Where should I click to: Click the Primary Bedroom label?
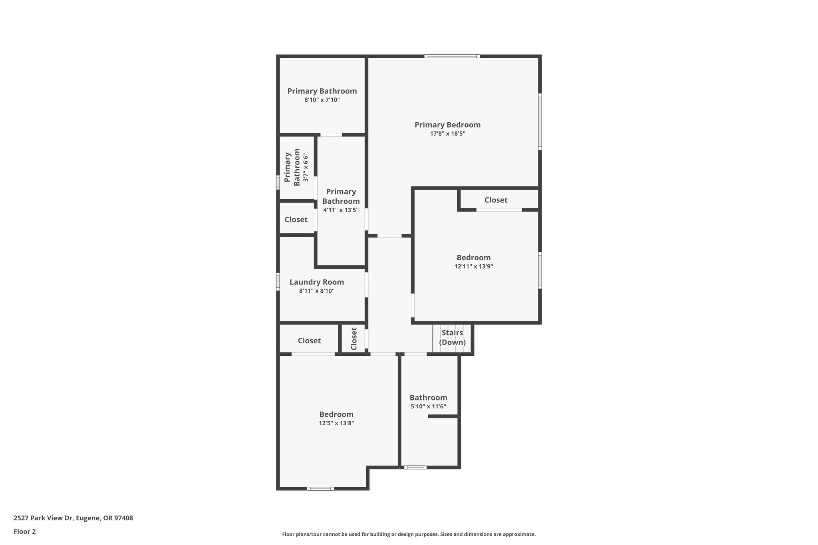coord(447,125)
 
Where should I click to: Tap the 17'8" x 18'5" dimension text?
coord(447,134)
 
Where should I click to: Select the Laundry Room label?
coord(317,282)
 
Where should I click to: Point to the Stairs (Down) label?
coord(452,337)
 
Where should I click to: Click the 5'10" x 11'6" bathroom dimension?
coord(428,406)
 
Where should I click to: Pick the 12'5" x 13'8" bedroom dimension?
coord(336,423)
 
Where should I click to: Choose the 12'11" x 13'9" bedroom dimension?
coord(474,266)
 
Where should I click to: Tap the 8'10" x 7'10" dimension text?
coord(322,100)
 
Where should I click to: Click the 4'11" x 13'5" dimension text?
coord(341,210)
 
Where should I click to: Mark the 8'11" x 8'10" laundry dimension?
coord(317,291)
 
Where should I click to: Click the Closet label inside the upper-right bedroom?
coord(496,200)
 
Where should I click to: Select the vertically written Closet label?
coord(354,339)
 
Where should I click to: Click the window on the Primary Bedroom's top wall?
coord(452,56)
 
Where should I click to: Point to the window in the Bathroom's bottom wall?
coord(415,467)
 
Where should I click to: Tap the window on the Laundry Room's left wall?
coord(278,281)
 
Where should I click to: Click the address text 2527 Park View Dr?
coord(73,518)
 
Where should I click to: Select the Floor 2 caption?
coord(25,531)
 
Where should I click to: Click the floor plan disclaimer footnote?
coord(409,534)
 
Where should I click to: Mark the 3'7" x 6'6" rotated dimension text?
coord(306,167)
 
